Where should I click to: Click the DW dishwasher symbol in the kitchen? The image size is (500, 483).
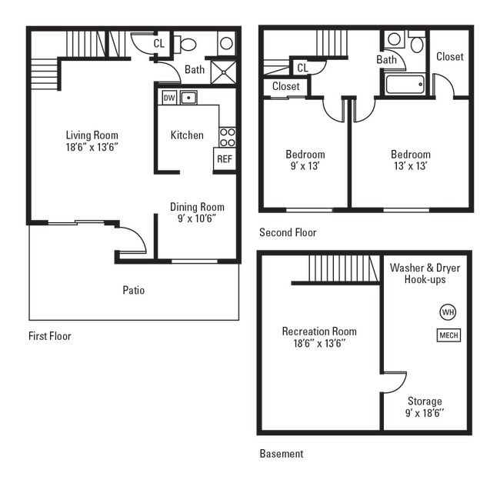[x=168, y=98]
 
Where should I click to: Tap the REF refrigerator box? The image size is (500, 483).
[x=224, y=159]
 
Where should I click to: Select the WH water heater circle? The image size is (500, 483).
[x=447, y=312]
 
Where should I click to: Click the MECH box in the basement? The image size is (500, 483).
[x=448, y=335]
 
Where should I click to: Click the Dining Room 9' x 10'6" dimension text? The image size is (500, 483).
[x=196, y=218]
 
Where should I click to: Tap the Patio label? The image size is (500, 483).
[x=133, y=290]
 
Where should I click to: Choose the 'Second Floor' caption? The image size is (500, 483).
[x=288, y=232]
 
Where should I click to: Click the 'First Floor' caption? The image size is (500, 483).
[x=49, y=335]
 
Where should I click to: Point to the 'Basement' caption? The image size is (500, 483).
[x=281, y=454]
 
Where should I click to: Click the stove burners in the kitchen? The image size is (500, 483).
[x=227, y=137]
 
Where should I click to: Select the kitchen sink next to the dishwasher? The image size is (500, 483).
[x=189, y=98]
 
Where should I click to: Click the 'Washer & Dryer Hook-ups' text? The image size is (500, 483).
[x=418, y=273]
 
